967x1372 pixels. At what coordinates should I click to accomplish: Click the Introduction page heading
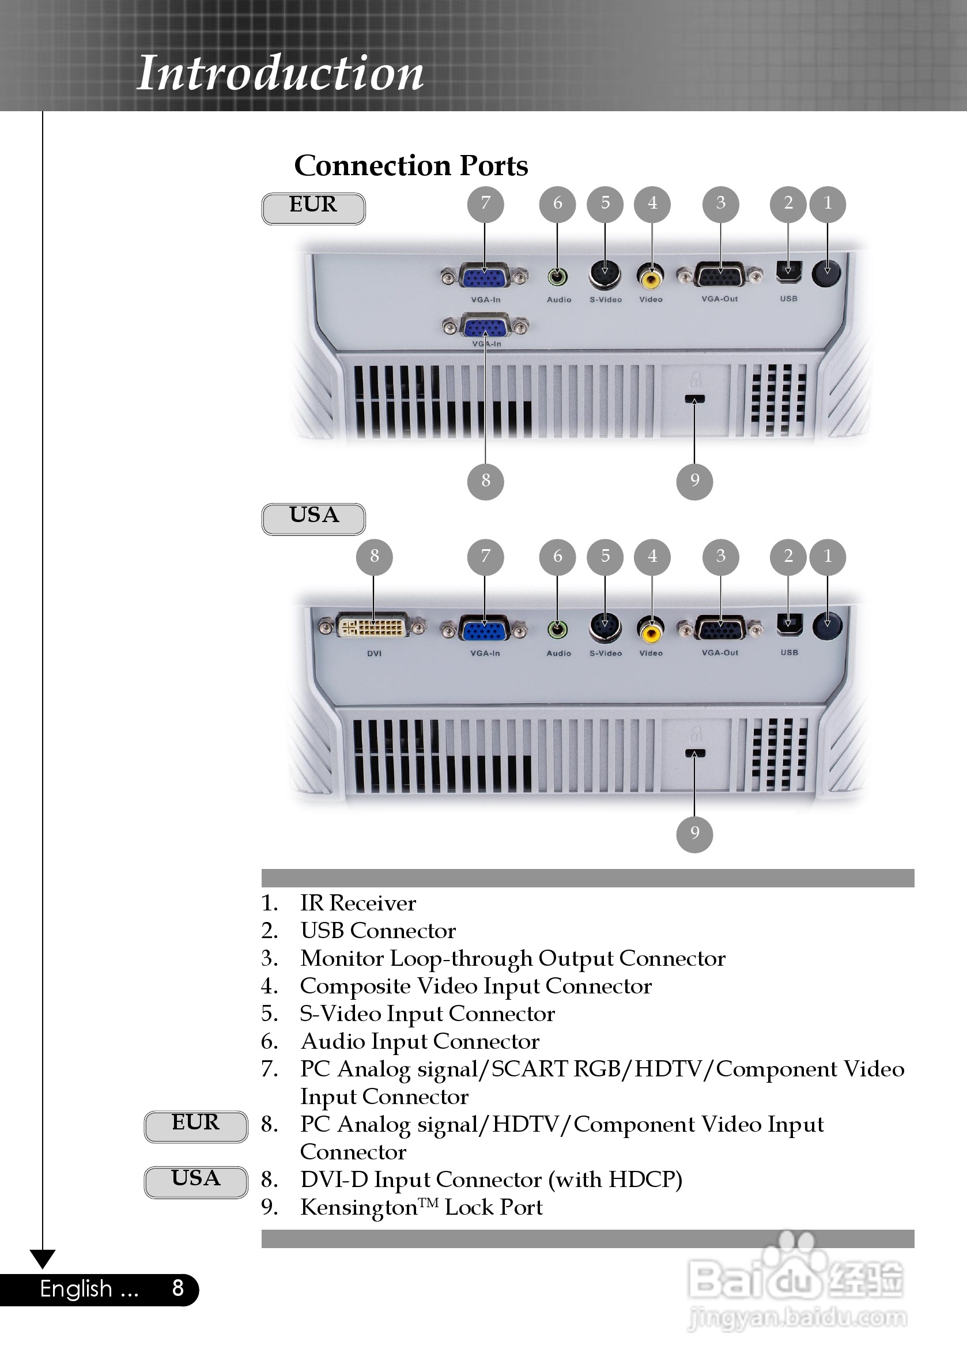click(x=280, y=73)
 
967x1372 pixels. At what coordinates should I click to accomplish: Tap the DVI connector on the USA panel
click(x=373, y=627)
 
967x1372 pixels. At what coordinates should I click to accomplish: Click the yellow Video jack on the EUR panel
click(x=651, y=277)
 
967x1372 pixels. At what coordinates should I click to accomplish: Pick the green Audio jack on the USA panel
click(x=558, y=629)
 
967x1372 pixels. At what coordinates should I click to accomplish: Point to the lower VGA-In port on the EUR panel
click(x=485, y=327)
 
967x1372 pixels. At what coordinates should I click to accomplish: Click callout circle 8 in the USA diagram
click(x=374, y=556)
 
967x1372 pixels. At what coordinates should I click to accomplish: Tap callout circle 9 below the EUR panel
click(x=694, y=481)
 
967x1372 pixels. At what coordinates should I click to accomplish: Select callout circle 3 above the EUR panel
click(x=721, y=203)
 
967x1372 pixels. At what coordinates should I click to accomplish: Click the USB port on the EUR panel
click(x=788, y=273)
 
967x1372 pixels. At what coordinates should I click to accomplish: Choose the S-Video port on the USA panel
click(x=606, y=628)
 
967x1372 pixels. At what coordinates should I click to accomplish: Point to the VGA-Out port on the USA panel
click(x=720, y=629)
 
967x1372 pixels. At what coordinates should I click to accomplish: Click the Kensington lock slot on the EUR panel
click(x=694, y=399)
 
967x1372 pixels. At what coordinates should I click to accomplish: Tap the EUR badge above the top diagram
click(x=313, y=208)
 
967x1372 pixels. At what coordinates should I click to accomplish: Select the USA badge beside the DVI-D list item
click(x=195, y=1181)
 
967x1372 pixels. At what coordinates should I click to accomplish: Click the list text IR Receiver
click(x=357, y=903)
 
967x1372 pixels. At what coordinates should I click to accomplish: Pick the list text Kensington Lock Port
click(x=421, y=1208)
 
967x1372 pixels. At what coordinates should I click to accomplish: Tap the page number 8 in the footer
click(x=177, y=1288)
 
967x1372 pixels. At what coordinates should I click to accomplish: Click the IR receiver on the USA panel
click(x=827, y=626)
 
